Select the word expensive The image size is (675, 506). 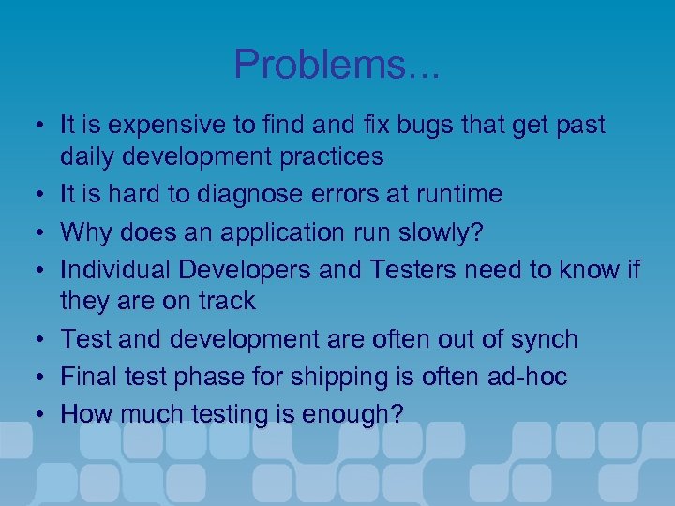[159, 125]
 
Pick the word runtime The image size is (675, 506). [454, 194]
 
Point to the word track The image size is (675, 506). [224, 302]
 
